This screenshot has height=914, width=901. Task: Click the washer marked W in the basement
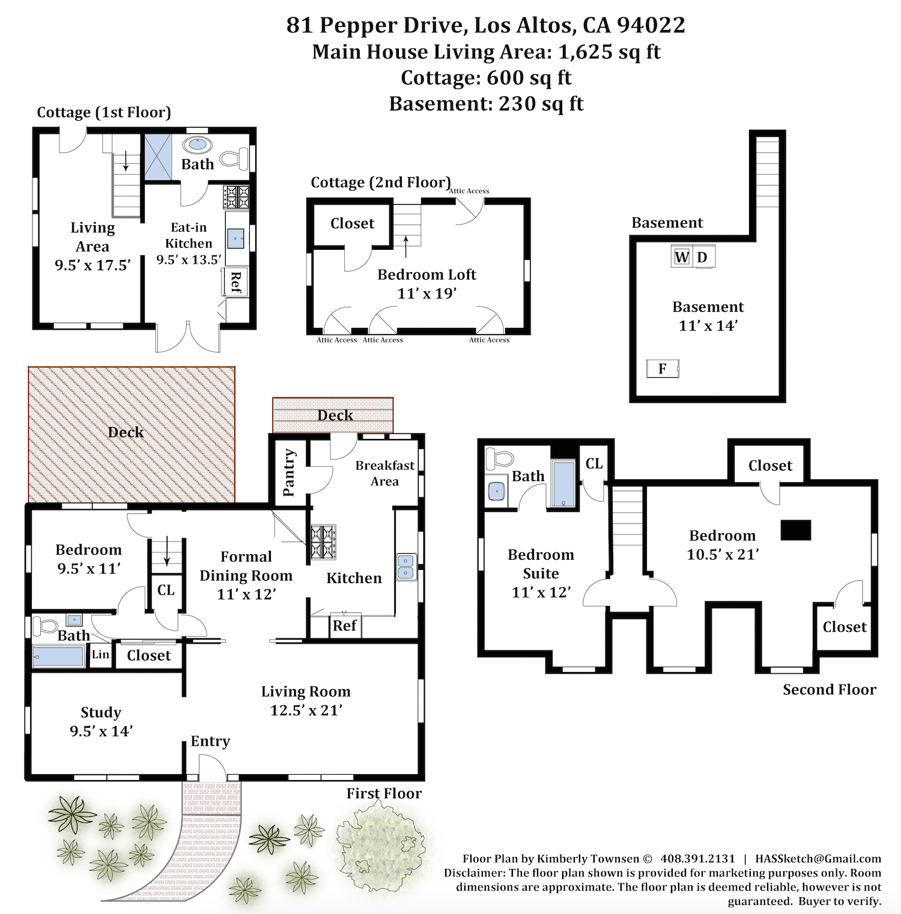coord(682,257)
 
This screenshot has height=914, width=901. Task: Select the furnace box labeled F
coord(663,369)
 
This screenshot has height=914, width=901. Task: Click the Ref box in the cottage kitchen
coord(235,282)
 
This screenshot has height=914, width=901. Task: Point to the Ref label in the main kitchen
coord(345,626)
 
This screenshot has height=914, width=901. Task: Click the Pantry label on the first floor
coord(289,473)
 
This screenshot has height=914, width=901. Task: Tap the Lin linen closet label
coord(100,655)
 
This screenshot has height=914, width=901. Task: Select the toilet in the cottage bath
coord(234,159)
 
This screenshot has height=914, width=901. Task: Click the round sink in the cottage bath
coord(197,144)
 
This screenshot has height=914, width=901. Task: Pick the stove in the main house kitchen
coord(323,542)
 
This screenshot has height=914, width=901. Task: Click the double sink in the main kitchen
coord(407,567)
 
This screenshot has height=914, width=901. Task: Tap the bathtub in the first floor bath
coord(58,656)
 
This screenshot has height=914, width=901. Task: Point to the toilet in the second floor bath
coord(499,459)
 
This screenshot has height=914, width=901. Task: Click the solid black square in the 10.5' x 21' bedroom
coord(796,530)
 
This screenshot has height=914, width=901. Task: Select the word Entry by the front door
coord(210,742)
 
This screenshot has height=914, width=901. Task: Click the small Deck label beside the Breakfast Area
coord(335,416)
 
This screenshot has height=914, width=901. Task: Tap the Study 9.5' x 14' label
coord(101,721)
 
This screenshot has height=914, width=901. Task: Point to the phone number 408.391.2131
coord(697,859)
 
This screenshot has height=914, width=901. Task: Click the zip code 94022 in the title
coord(651,25)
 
